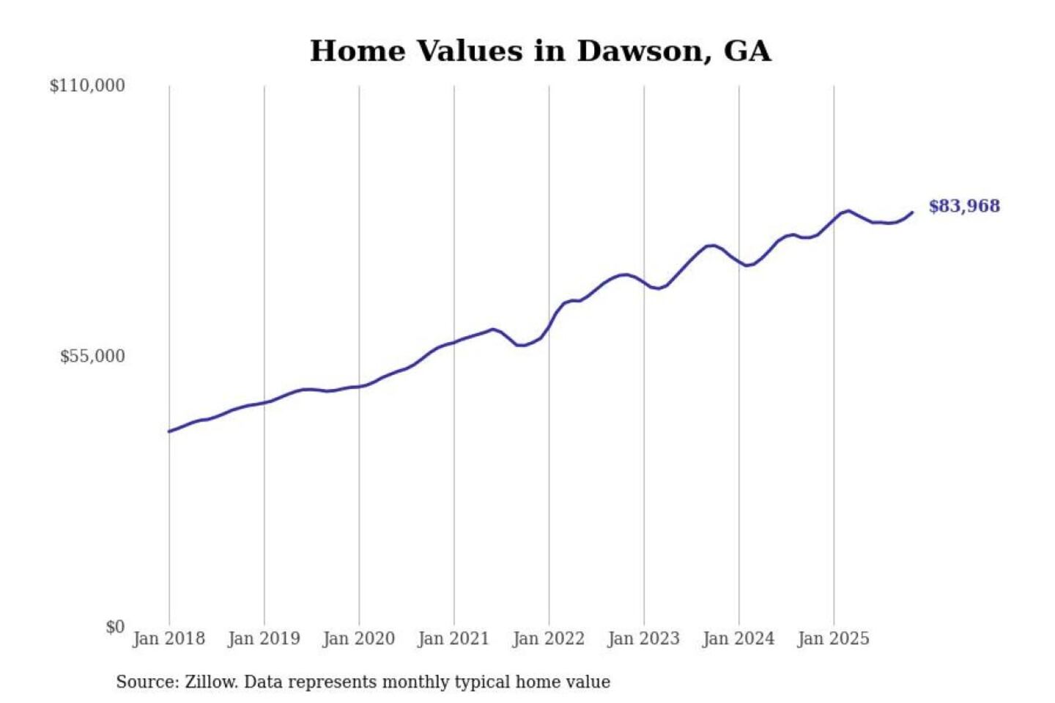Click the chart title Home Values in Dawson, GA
[x=540, y=51]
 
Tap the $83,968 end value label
[x=963, y=206]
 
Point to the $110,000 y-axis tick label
[x=87, y=86]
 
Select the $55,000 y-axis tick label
[x=92, y=357]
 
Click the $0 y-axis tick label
[x=115, y=627]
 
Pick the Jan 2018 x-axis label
[x=169, y=639]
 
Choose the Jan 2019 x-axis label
[x=264, y=639]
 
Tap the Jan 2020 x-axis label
[x=358, y=639]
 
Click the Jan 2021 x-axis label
[x=453, y=639]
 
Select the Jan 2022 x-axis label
[x=548, y=639]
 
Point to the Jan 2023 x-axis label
[x=643, y=639]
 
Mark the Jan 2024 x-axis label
[x=738, y=639]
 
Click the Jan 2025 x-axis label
[x=833, y=639]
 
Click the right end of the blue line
[x=912, y=212]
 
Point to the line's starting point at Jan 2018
[x=169, y=431]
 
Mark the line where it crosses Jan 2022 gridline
[x=549, y=325]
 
